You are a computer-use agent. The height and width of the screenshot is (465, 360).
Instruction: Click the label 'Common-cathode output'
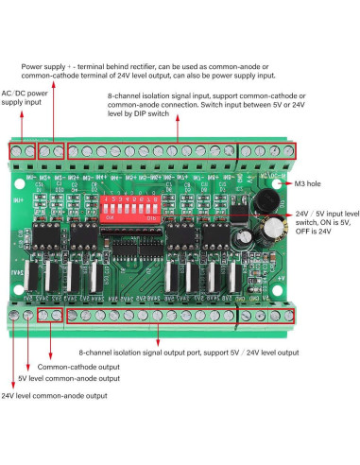tap(79, 365)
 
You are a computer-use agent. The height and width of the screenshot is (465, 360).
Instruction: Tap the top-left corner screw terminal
tap(17, 151)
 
